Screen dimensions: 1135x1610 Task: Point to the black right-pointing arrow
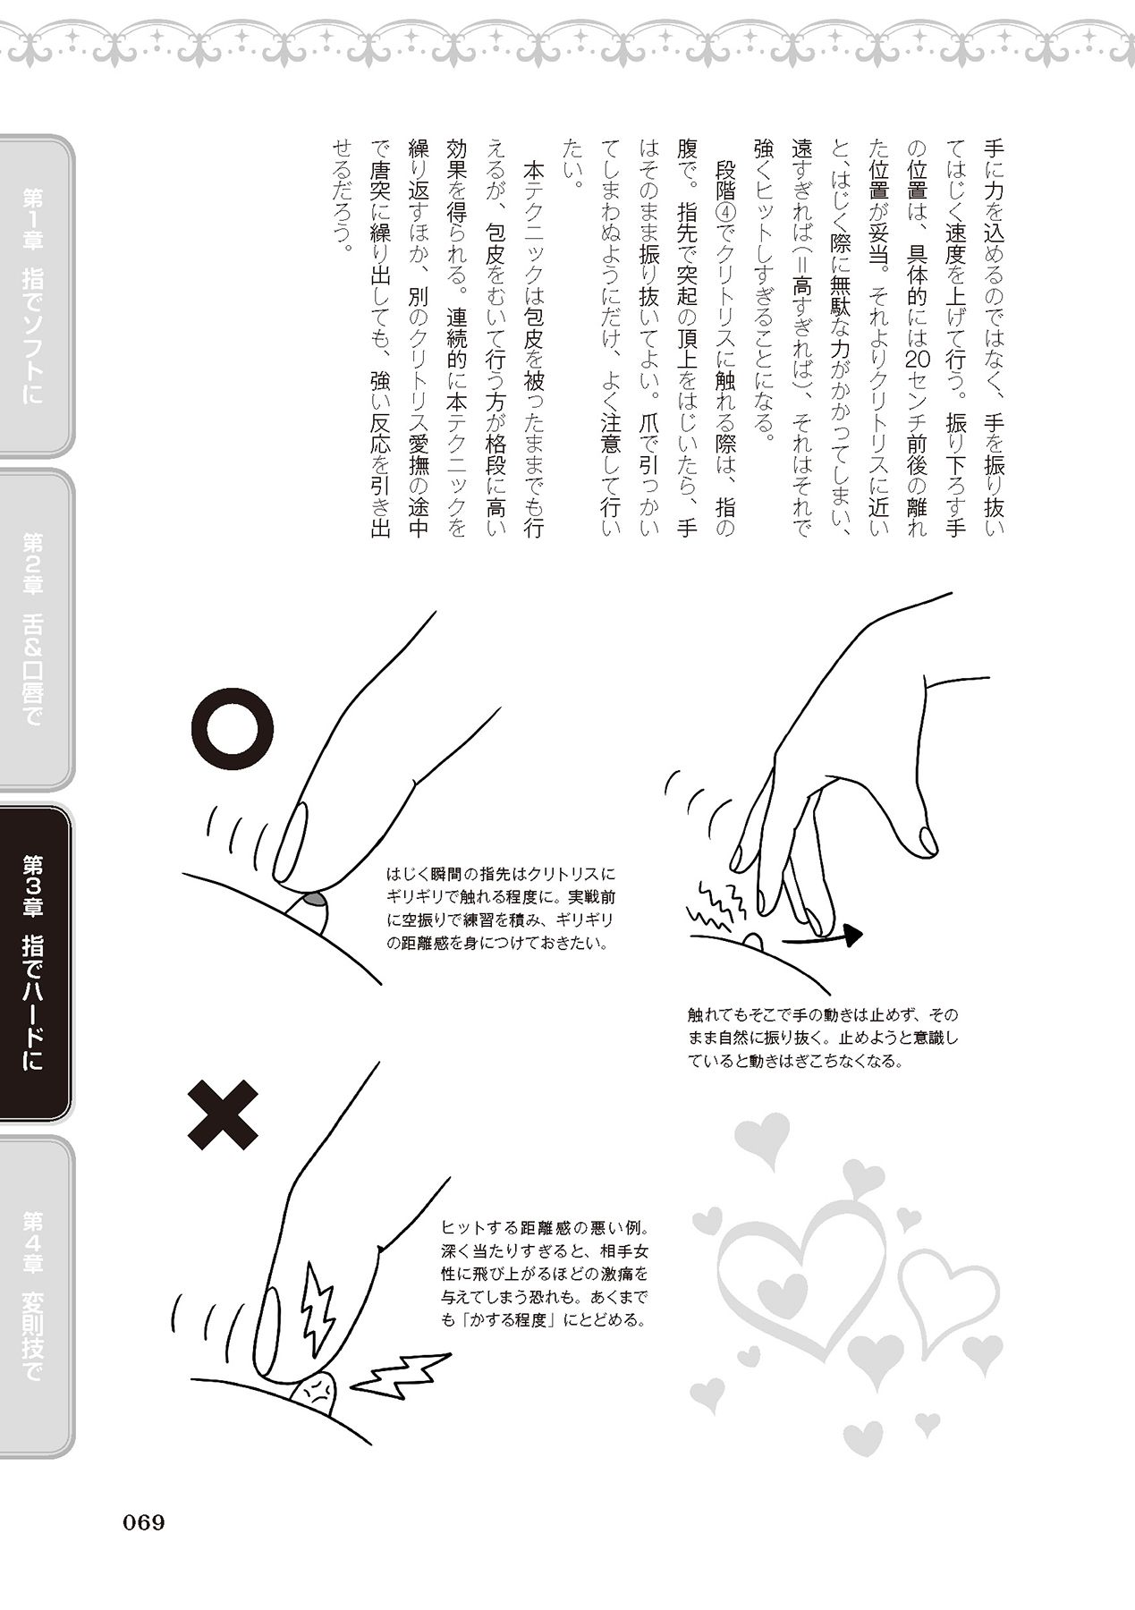pyautogui.click(x=822, y=937)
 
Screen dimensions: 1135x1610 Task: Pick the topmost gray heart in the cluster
pyautogui.click(x=761, y=1141)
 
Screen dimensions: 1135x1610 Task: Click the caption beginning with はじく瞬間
pyautogui.click(x=501, y=908)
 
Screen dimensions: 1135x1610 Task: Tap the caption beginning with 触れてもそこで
pyautogui.click(x=822, y=1038)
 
